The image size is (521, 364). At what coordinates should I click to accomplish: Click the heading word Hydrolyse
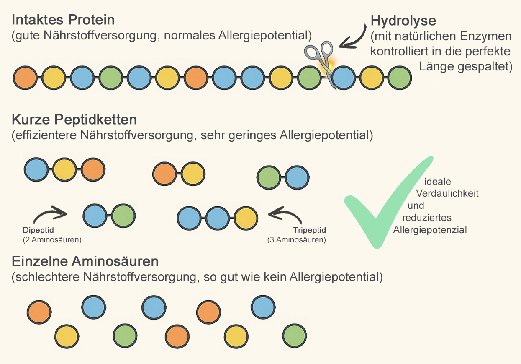403,21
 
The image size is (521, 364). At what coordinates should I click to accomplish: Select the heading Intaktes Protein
63,20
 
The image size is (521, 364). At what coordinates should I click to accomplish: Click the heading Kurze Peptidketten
74,120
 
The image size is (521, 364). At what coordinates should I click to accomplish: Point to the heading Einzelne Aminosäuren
85,262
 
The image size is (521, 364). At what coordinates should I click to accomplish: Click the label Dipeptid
38,230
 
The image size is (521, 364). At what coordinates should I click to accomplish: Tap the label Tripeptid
309,230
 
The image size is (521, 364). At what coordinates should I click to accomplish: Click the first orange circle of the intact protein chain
26,78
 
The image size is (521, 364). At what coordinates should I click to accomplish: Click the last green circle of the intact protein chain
399,78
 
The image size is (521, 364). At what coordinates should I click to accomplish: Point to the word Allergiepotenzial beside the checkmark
430,229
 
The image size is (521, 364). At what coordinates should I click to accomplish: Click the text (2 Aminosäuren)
52,240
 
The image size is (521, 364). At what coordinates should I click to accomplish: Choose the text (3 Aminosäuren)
296,240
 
